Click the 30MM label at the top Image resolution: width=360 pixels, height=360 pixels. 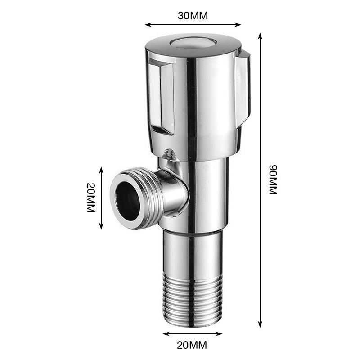coord(193,16)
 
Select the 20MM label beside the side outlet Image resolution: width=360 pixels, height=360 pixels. coord(91,198)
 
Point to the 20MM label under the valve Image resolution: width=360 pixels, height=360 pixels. coord(192,344)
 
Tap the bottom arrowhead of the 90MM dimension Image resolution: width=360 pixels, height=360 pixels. coord(260,324)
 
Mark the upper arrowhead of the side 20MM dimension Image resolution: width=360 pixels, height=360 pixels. coord(101,170)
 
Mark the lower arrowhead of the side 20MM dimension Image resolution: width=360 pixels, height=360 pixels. coord(101,226)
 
